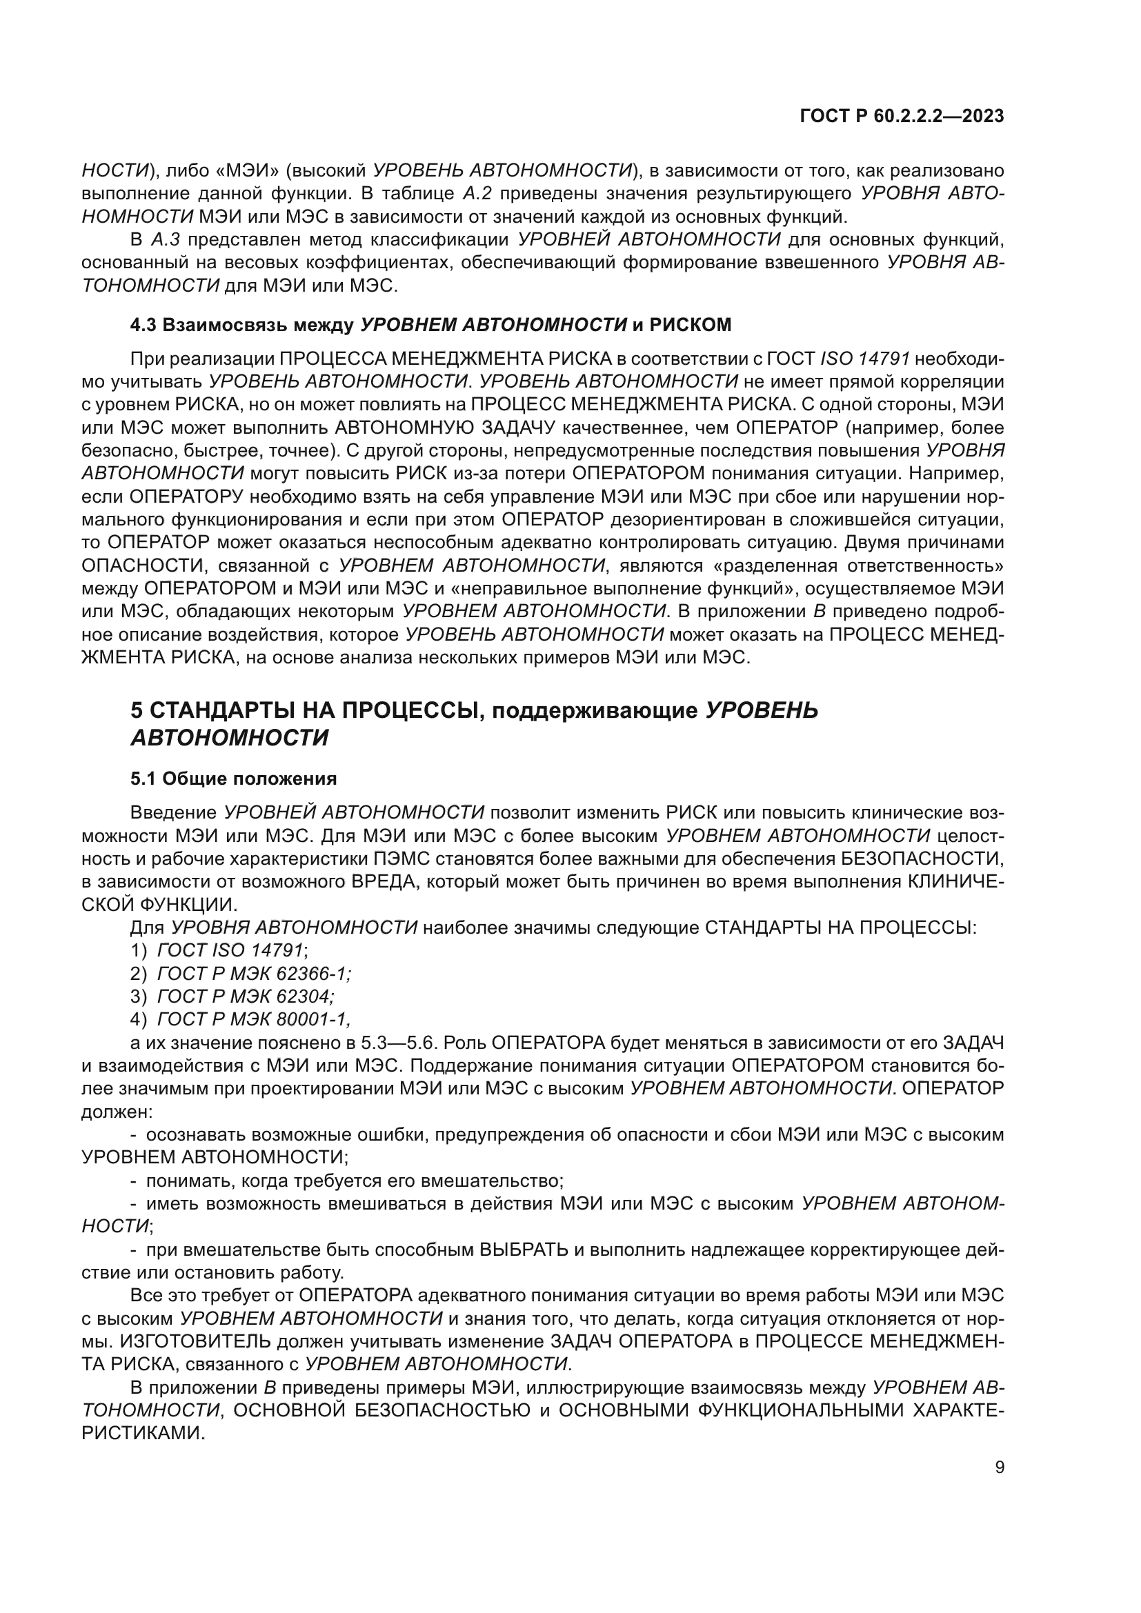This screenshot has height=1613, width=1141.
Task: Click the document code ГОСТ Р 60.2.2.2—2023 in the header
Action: tap(902, 117)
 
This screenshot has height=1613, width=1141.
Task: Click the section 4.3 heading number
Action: tap(143, 325)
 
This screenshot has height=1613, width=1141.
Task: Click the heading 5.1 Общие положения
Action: tap(233, 779)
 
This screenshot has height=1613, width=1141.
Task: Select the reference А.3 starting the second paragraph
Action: tap(166, 239)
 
